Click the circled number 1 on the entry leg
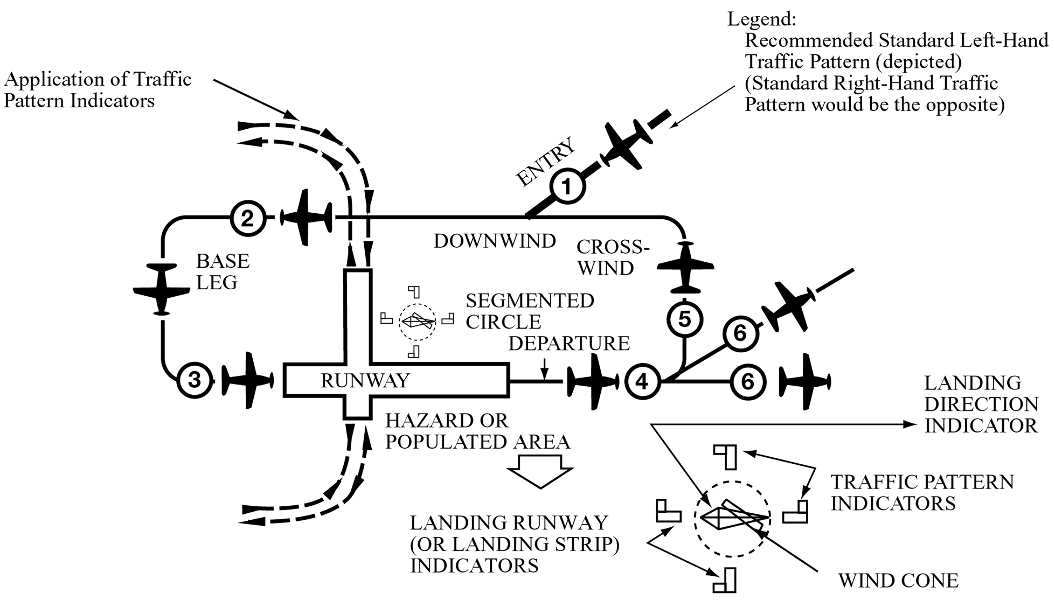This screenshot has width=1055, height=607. click(567, 187)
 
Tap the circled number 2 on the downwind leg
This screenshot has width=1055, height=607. click(247, 218)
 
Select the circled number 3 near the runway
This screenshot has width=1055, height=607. click(195, 380)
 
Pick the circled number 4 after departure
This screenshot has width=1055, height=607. click(642, 381)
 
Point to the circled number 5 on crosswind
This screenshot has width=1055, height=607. click(684, 319)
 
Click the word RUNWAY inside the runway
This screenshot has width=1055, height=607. click(365, 381)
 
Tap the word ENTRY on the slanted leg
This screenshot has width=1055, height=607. click(545, 162)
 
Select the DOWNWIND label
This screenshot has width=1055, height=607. click(495, 241)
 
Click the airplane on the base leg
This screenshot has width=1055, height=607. click(162, 289)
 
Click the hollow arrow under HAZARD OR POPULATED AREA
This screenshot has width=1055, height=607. click(540, 470)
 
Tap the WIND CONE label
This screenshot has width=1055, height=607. click(898, 581)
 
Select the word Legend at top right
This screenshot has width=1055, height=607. click(761, 19)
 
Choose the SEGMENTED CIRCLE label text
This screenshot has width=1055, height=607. click(530, 311)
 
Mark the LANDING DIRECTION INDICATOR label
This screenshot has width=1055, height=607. click(981, 404)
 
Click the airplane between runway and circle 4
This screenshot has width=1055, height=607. click(593, 381)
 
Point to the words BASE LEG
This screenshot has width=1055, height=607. click(222, 271)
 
